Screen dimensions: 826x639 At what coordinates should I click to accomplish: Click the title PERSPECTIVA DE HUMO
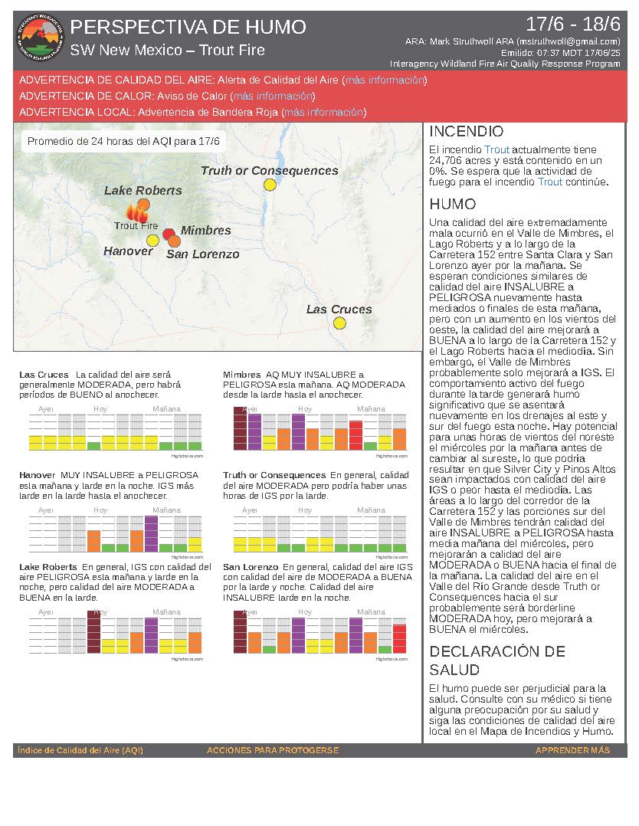pos(188,28)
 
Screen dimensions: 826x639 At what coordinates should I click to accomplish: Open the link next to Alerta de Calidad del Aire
pos(385,80)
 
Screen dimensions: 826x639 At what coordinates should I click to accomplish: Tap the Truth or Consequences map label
pos(269,171)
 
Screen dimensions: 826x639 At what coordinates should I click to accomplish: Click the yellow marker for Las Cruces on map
pos(339,323)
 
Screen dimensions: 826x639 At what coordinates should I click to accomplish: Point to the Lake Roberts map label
pos(143,190)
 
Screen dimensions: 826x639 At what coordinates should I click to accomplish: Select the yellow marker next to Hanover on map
pos(152,241)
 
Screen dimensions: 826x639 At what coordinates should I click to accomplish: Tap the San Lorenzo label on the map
pos(202,254)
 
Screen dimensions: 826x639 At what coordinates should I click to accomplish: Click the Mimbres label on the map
pos(205,231)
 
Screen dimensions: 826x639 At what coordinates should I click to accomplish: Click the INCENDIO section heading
pos(466,132)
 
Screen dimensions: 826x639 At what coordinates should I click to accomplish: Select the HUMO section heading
pos(452,205)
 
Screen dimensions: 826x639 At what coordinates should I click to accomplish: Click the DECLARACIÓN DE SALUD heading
pos(496,660)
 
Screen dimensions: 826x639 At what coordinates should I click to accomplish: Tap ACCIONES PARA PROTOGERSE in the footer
pos(272,750)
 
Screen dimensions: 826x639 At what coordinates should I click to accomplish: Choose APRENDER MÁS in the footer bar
pos(572,750)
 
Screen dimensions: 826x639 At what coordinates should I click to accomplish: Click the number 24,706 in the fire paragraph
pos(446,161)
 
